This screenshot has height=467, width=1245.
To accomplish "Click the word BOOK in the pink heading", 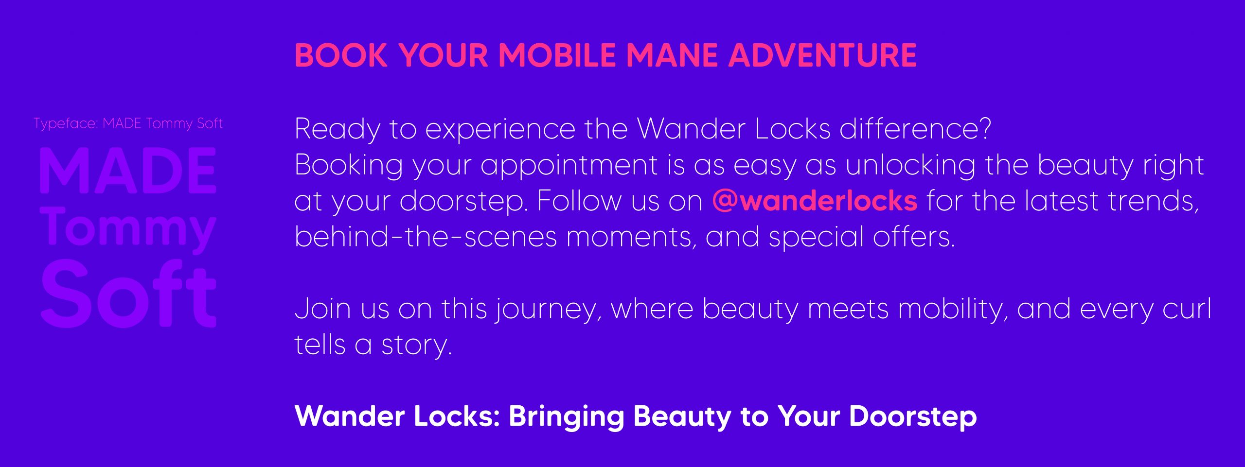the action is (341, 55).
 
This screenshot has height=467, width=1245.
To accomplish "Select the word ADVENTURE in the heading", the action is (822, 55).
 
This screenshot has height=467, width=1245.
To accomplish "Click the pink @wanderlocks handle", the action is (815, 201).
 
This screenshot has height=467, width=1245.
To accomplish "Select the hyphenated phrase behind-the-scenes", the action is (426, 237).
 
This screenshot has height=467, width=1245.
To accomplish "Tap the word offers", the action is (914, 237).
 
